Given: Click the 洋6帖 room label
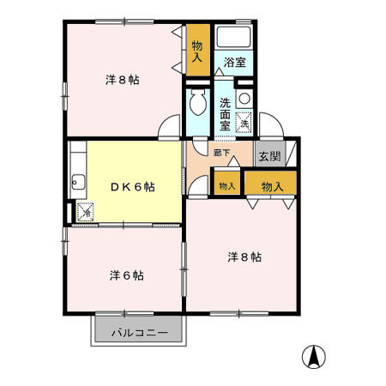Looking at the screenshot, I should tap(126, 275).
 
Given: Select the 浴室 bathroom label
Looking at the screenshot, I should tap(235, 63).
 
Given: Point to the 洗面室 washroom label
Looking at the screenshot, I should tap(225, 113).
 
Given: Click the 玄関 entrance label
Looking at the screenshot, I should tap(269, 156).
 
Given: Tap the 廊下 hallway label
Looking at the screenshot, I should tap(221, 153).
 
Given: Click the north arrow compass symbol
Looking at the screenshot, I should tap(315, 356).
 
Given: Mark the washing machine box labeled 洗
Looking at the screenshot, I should tap(244, 123).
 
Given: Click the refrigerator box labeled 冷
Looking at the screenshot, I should tap(85, 212).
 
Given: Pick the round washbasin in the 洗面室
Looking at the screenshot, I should tap(244, 98).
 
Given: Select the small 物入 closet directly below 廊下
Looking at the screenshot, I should tap(226, 185).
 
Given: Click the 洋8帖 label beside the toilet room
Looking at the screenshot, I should tap(123, 80).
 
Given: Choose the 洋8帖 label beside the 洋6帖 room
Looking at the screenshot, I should tap(244, 256).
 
